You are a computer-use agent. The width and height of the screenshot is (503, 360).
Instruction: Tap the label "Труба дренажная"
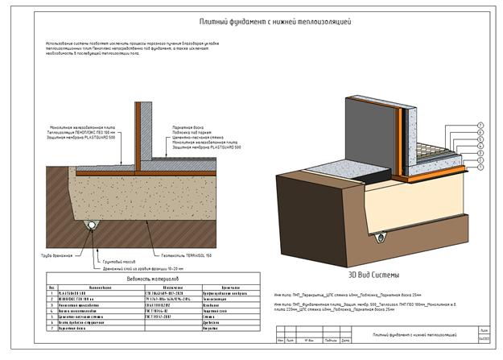point(57,255)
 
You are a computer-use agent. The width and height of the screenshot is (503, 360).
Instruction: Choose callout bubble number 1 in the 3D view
point(480,168)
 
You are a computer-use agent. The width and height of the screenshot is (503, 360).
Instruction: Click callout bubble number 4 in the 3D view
point(480,146)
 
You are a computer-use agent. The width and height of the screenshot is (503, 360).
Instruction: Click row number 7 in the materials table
point(52,329)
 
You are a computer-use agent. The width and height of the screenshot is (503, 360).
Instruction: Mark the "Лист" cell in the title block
point(483,331)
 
